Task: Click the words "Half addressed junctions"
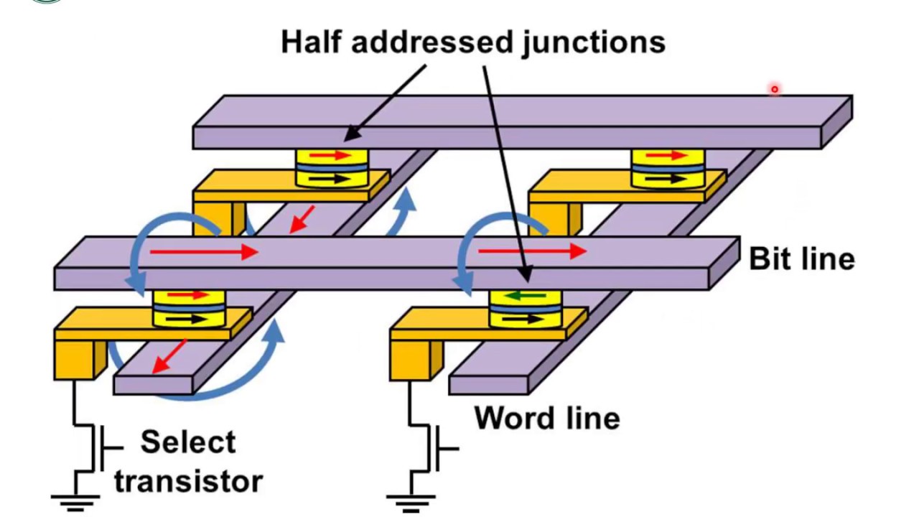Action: click(x=472, y=42)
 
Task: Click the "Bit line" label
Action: click(x=801, y=258)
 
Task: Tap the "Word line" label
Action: click(x=547, y=418)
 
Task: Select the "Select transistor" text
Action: click(x=188, y=461)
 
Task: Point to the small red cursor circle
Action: click(x=775, y=89)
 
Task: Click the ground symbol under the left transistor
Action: click(x=74, y=501)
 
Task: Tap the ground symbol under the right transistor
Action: click(x=409, y=501)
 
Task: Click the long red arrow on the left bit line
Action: click(x=204, y=252)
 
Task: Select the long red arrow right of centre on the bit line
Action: click(x=531, y=251)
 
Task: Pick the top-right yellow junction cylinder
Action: click(x=668, y=169)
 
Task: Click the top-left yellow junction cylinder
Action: click(x=332, y=169)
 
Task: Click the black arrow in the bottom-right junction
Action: click(x=525, y=319)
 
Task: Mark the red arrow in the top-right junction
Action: click(x=668, y=154)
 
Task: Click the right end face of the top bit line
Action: click(x=837, y=122)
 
